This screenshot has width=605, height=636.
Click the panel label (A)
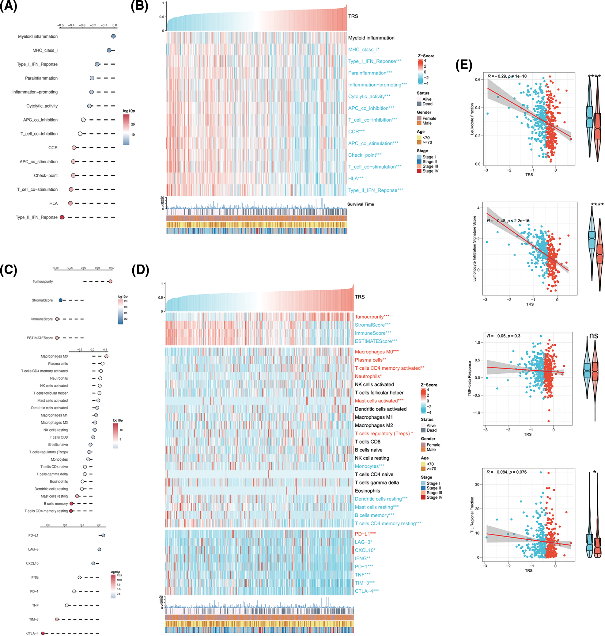[x=8, y=6]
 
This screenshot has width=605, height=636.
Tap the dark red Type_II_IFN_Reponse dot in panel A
[x=62, y=217]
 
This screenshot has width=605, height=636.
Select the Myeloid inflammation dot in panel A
[x=114, y=36]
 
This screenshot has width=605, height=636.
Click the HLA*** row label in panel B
[x=356, y=178]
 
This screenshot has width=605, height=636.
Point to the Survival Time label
[x=361, y=204]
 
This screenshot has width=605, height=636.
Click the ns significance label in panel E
[x=594, y=336]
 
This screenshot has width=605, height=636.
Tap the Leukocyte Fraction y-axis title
[x=472, y=119]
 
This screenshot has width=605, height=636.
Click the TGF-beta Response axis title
[x=470, y=379]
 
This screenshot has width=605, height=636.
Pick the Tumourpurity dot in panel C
[x=110, y=281]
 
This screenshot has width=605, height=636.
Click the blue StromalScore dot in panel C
[x=61, y=300]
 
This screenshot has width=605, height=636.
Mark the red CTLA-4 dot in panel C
[x=43, y=633]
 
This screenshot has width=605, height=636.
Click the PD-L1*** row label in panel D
[x=365, y=534]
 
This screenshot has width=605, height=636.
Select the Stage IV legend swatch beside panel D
[x=423, y=497]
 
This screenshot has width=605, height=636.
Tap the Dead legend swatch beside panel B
[x=419, y=104]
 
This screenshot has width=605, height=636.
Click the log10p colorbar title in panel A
[x=129, y=111]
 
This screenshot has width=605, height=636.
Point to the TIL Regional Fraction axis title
[x=472, y=515]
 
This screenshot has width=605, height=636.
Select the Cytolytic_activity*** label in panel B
[x=369, y=97]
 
